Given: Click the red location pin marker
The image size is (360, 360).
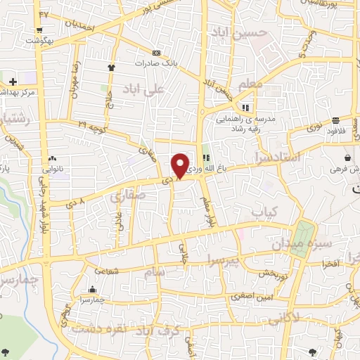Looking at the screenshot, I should pos(180,165).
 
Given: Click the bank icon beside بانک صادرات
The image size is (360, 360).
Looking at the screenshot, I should pos(156,53).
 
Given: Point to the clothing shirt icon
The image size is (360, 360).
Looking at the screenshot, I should pos(111,67).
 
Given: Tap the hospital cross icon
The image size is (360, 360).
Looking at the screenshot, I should pos(13,82).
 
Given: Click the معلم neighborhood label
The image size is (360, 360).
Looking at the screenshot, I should pos(252,84).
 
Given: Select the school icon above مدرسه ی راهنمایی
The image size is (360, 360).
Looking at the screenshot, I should pos(245,108).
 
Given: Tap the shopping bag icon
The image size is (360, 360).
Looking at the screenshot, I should pos(348,157).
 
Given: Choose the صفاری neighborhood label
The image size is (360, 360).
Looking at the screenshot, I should pos(127,196).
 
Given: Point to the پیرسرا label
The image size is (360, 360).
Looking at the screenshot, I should pos(223,262).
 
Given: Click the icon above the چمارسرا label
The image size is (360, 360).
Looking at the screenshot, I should pos(92,290).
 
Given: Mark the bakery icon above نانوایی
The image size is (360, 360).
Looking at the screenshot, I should pos(53,159).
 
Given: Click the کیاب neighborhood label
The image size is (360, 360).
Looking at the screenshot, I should pos(266,211).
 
